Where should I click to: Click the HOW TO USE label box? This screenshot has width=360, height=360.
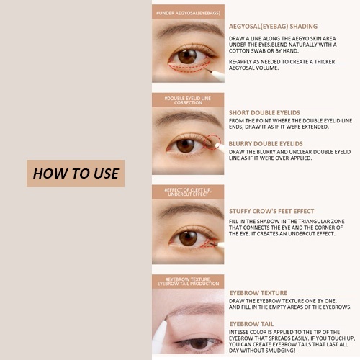tap(76, 174)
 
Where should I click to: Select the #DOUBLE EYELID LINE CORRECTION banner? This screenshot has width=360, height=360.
tap(188, 100)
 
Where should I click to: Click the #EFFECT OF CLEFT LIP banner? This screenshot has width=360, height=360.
tap(188, 192)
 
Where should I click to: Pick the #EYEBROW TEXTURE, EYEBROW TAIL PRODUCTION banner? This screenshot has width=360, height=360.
tap(188, 282)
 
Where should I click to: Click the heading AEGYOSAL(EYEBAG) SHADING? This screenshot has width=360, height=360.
tap(273, 27)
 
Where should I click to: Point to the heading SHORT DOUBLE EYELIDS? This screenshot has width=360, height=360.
tap(264, 113)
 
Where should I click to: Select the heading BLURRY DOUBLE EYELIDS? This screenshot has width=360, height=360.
tap(266, 144)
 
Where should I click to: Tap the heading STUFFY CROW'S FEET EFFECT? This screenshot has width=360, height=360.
tap(271, 211)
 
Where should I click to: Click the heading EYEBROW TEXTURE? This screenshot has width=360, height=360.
tap(258, 293)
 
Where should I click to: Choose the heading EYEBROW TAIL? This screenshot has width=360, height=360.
tap(251, 324)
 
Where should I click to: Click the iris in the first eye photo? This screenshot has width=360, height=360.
tap(187, 56)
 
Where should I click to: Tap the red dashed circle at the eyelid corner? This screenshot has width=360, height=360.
tap(213, 142)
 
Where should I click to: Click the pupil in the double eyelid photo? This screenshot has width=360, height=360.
tap(185, 145)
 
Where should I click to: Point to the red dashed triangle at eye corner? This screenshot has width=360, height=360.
tap(209, 243)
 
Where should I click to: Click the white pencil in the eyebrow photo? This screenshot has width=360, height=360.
tap(160, 335)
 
